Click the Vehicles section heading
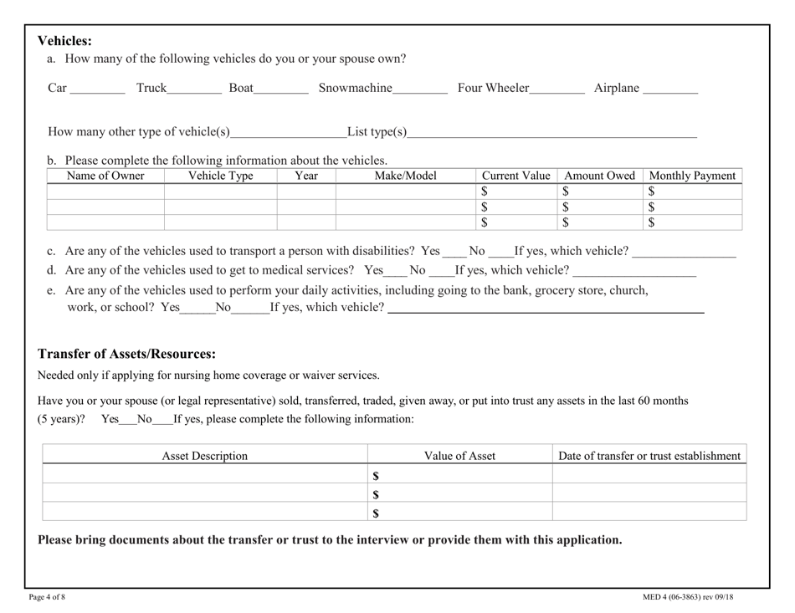64,41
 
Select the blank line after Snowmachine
420,91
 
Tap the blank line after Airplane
670,91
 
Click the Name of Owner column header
105,176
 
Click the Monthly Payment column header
692,176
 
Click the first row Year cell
306,192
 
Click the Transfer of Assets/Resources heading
127,354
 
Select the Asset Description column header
205,456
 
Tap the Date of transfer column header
649,456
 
